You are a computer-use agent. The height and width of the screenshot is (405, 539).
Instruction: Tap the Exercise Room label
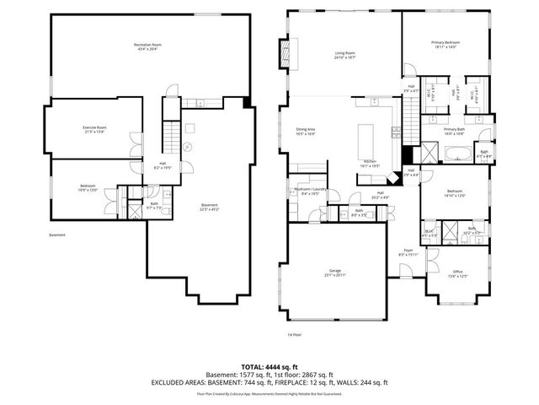coord(94,129)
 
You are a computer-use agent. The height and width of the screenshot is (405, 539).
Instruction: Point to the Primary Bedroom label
coord(446,45)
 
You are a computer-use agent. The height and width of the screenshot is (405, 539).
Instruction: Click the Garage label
coord(334,272)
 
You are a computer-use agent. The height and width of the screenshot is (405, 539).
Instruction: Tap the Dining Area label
coord(305,132)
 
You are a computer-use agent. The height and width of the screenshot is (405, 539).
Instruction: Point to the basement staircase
coord(171,135)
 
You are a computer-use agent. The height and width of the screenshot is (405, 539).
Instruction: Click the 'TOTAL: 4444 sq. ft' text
coord(269,367)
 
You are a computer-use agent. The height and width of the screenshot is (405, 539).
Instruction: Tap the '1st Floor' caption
coord(294,334)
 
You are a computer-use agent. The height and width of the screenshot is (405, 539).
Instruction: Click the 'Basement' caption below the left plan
coord(56,235)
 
